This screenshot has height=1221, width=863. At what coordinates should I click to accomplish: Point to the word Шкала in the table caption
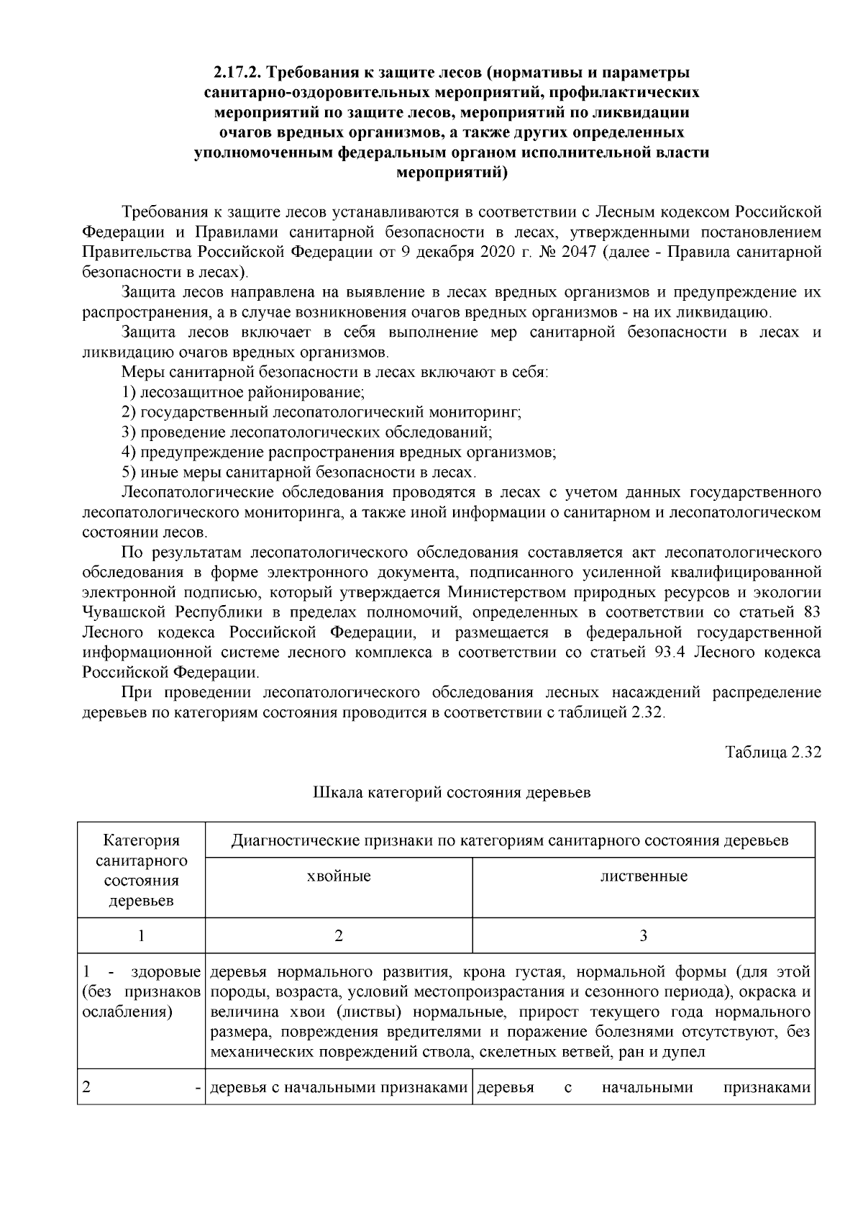coord(338,793)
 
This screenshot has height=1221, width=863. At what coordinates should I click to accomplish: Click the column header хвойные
coord(339,876)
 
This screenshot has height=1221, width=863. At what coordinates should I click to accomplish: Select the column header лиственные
coord(644,876)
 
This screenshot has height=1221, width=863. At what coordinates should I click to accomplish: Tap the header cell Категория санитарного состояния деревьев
coord(141,871)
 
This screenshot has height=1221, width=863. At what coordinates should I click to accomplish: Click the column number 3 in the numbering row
coord(644,936)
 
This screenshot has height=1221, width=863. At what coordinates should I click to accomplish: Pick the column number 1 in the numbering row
coord(141,936)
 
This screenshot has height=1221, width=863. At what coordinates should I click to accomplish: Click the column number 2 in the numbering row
coord(339,936)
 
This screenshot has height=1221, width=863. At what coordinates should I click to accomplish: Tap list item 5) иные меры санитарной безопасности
coord(298,473)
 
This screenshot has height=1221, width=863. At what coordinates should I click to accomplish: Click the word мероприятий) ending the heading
coord(452,173)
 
